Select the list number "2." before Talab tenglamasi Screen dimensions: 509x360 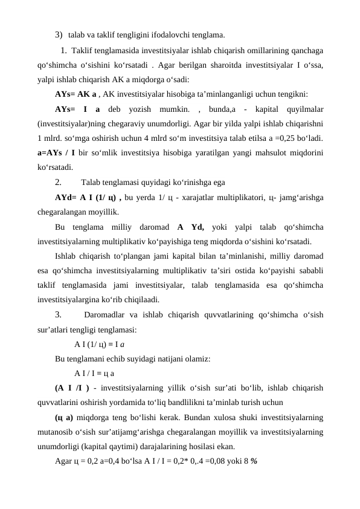click(59, 183)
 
